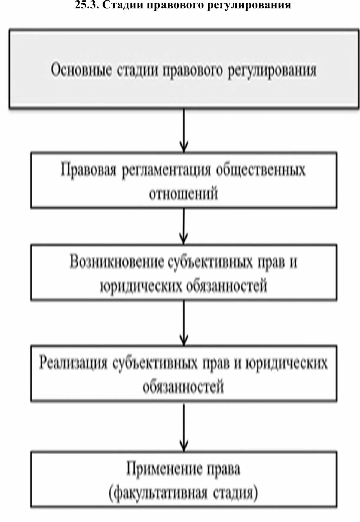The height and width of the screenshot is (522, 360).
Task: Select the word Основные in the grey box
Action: [81, 70]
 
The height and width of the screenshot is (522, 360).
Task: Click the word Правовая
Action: [88, 170]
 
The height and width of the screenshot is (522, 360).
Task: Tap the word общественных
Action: [261, 170]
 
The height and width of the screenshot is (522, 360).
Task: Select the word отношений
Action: [183, 194]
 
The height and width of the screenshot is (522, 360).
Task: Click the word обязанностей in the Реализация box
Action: [183, 386]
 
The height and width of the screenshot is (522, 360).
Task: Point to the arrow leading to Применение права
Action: [184, 427]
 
